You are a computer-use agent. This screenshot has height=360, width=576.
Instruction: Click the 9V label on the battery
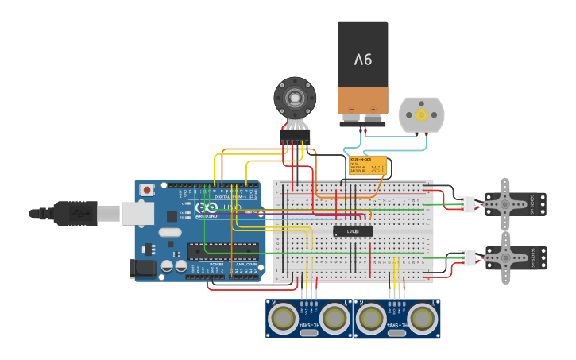coord(363,60)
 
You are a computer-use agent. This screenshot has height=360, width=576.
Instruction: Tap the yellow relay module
coord(368,165)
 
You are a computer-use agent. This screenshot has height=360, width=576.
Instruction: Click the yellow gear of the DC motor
coord(421,115)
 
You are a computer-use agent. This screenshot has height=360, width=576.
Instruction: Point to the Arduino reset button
coord(147,190)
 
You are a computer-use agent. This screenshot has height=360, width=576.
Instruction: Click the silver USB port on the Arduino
coord(137,213)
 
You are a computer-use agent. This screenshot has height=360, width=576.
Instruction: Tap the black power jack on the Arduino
coord(143,269)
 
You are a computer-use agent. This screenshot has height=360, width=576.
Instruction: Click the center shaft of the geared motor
coord(295,99)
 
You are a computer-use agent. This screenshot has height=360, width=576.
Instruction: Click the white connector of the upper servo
coord(466,204)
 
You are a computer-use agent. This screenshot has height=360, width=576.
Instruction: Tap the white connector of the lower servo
coord(466,257)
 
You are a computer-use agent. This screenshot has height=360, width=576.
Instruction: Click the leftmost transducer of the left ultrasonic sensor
coord(282,319)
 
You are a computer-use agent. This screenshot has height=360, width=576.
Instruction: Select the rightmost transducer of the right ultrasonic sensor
coord(423,319)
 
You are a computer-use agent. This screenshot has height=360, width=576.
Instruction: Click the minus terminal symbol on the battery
coord(351,110)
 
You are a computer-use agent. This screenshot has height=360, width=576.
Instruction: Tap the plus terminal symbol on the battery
coord(373,110)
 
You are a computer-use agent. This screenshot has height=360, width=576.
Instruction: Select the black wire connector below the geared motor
coord(295,137)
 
